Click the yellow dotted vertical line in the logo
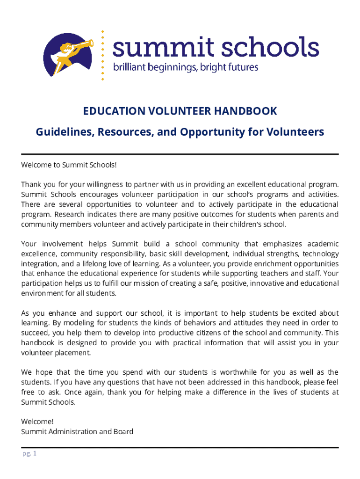[103, 55]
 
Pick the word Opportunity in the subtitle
[222, 132]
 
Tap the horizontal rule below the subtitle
[180, 154]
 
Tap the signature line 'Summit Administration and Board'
[77, 431]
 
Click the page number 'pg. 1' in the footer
[29, 454]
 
